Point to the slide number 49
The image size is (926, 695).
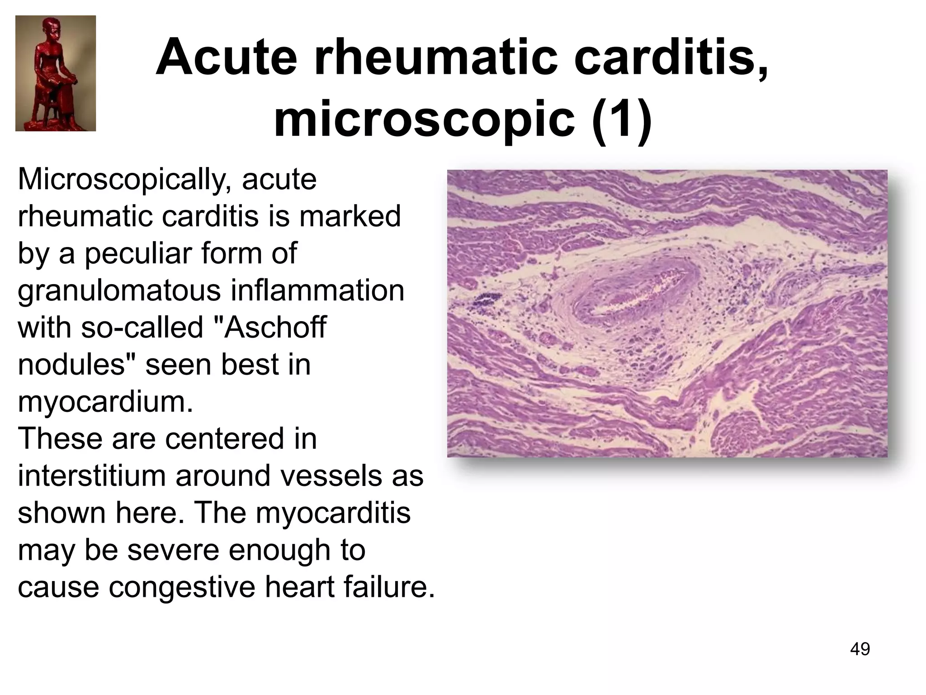pyautogui.click(x=860, y=649)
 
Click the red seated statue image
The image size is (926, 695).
pyautogui.click(x=56, y=73)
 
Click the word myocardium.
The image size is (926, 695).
pyautogui.click(x=105, y=402)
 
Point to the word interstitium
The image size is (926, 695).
pyautogui.click(x=91, y=476)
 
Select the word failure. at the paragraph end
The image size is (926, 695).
pyautogui.click(x=389, y=587)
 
